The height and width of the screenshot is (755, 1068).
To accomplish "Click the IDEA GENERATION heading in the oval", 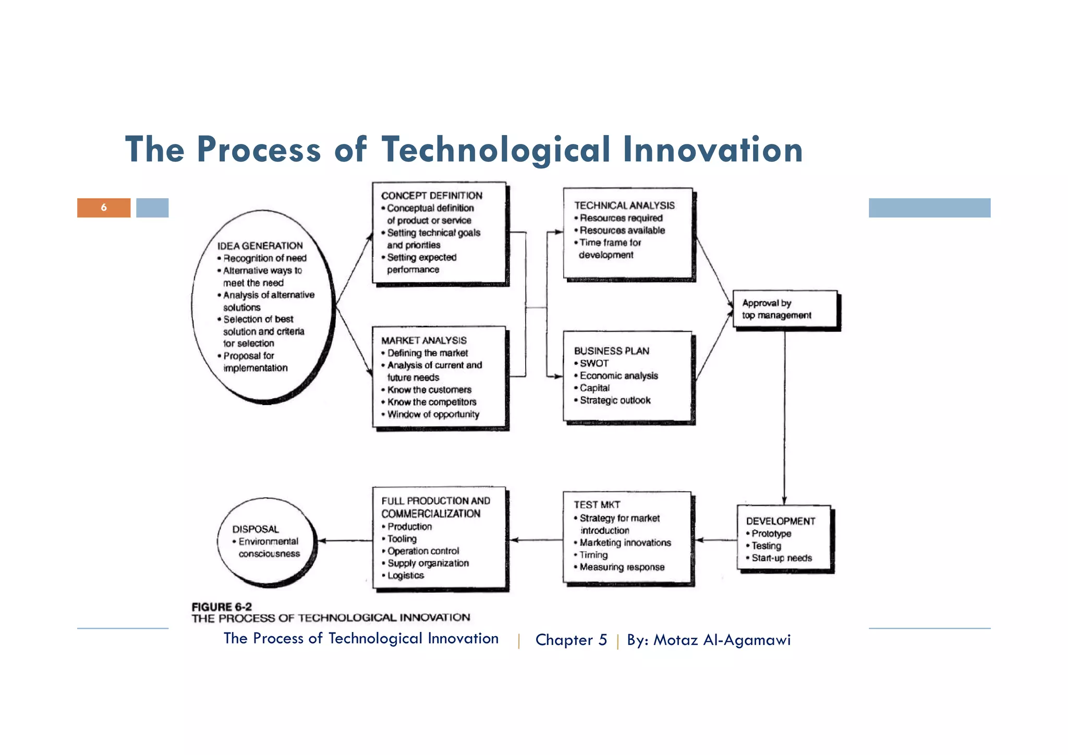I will click(260, 246).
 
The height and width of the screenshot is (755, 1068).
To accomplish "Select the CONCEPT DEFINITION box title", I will click(431, 196).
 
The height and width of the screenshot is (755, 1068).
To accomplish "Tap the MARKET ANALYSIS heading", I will click(423, 340).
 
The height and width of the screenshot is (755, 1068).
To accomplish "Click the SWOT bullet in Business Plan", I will click(593, 363).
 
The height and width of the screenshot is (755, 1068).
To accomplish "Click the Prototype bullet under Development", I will click(771, 533).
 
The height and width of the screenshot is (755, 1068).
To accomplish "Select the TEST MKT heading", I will click(597, 505).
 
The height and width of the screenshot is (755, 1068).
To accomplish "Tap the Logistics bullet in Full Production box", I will click(405, 576).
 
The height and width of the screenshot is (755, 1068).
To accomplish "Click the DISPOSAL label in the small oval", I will click(256, 529).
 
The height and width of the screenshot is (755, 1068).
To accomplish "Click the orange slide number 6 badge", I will click(104, 208).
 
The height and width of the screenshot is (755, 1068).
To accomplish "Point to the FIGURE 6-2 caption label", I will click(222, 607).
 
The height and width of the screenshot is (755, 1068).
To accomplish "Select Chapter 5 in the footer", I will click(571, 640).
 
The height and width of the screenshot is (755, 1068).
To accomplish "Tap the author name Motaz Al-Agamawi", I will click(722, 640).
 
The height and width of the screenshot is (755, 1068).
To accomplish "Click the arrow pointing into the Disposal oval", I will click(344, 541).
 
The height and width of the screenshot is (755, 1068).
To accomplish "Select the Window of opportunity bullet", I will click(433, 415).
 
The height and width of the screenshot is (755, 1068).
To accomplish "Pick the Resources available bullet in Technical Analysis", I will click(622, 230).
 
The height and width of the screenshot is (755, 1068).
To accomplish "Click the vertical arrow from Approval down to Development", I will click(784, 417).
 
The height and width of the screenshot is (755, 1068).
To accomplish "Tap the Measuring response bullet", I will click(622, 567).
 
